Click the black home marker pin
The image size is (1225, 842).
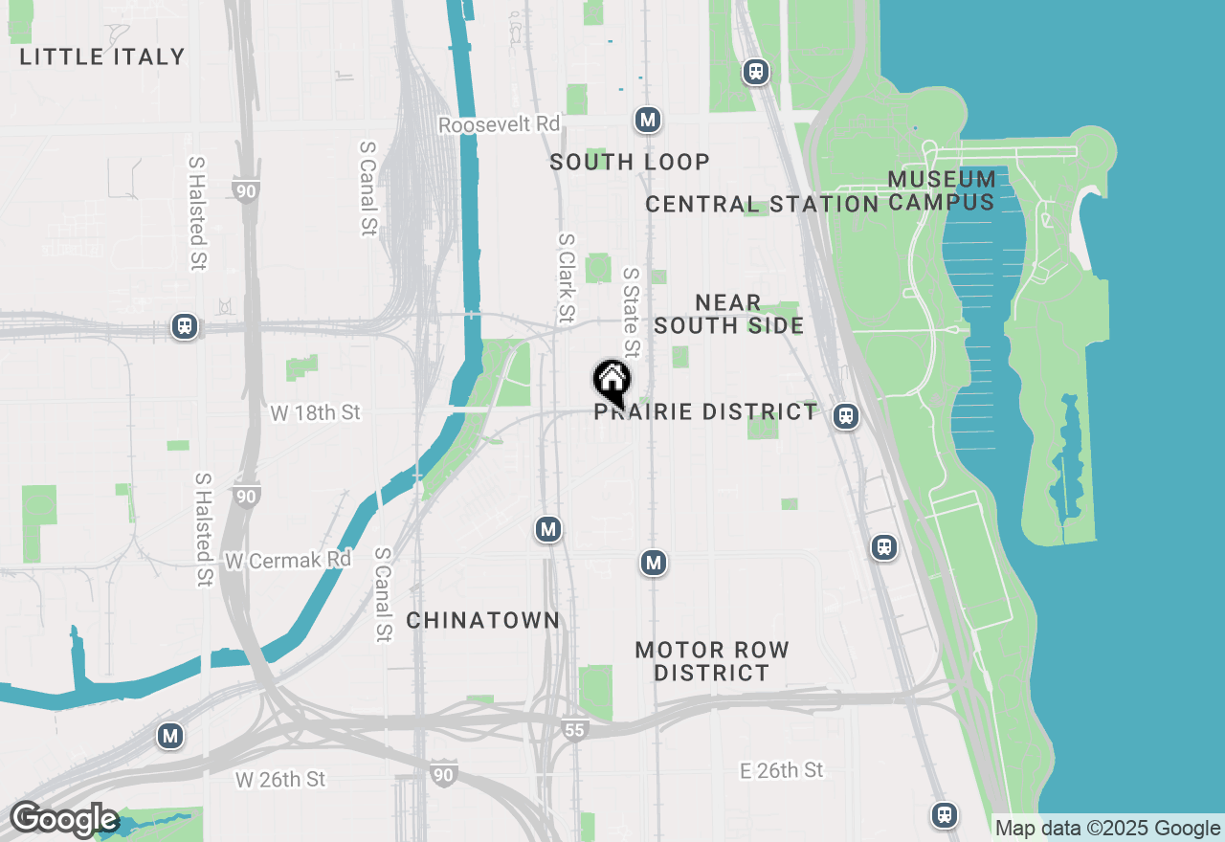tap(612, 384)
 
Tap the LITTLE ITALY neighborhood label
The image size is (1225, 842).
tap(102, 56)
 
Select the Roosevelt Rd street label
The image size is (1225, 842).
tap(499, 125)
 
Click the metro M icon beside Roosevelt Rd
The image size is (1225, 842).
tap(648, 120)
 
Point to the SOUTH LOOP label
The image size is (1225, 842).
tap(630, 162)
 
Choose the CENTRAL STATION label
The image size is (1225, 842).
tap(762, 204)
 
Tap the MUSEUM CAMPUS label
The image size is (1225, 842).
tap(942, 190)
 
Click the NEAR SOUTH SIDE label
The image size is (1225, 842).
tap(729, 314)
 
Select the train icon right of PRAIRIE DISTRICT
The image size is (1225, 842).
tap(844, 415)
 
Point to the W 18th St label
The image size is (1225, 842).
tap(316, 412)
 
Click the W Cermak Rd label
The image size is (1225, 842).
tap(288, 560)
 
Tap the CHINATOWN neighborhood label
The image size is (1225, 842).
tap(483, 620)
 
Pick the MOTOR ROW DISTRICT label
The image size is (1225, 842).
tap(712, 661)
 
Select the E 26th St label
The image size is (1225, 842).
tap(781, 770)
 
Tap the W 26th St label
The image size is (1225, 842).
tap(280, 780)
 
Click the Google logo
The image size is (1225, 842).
tap(63, 820)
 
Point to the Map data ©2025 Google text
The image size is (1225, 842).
tap(1107, 829)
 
